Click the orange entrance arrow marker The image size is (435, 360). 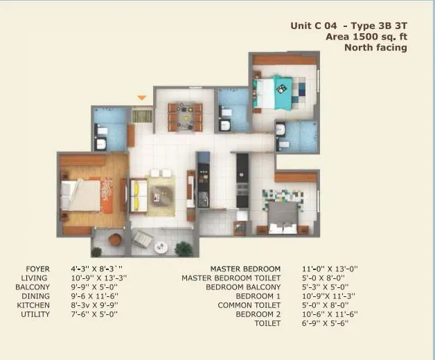pos(142,98)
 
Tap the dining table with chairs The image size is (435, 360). pos(185,116)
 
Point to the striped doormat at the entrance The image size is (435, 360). pos(142,115)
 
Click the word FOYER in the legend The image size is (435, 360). pos(37,269)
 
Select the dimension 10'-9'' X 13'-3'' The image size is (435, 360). pos(98,278)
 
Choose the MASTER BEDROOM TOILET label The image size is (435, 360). pos(231,278)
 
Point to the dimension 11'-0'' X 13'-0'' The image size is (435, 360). pos(330,269)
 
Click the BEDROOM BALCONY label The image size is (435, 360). pos(243,287)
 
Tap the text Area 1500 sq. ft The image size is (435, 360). pos(366,37)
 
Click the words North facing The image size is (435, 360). pos(375,48)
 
